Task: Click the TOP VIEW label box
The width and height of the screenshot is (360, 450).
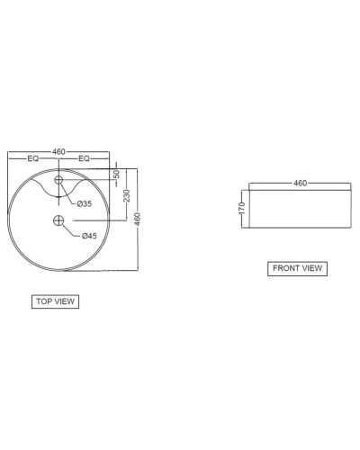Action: tap(55, 301)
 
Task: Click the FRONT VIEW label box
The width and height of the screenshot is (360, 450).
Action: tap(298, 267)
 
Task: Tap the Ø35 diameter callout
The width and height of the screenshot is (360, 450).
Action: tap(84, 203)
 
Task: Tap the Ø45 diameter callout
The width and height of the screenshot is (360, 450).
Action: tap(89, 236)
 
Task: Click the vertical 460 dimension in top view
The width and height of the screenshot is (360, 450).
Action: tap(138, 219)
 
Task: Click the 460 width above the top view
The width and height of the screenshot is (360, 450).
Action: tap(59, 151)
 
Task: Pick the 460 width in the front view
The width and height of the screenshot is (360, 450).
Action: tap(301, 183)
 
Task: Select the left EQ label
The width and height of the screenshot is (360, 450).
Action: tap(32, 159)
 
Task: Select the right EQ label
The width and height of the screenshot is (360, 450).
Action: tap(85, 159)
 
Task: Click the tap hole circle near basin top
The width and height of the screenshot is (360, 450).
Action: tap(59, 181)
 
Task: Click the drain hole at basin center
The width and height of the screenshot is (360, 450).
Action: tap(59, 220)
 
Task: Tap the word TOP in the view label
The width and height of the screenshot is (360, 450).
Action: tap(43, 301)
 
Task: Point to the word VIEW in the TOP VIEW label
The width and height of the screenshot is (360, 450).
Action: tap(64, 301)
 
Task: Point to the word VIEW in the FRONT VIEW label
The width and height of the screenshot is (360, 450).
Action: tap(311, 267)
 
